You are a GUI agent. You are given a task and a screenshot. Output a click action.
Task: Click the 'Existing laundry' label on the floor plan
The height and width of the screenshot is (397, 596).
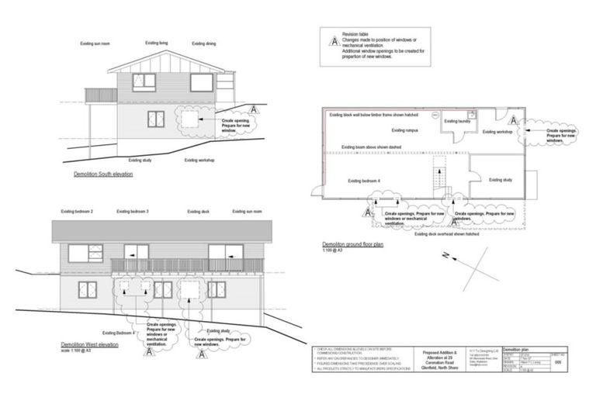point(458,121)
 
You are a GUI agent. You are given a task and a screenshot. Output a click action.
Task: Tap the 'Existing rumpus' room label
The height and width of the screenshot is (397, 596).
point(405,130)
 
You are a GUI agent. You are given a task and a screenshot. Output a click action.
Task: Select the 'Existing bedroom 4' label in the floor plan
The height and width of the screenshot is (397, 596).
point(364,180)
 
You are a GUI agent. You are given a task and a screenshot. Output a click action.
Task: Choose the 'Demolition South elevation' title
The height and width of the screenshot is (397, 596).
point(103,174)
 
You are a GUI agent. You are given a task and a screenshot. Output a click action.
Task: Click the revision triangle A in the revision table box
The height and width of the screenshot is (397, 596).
point(334,42)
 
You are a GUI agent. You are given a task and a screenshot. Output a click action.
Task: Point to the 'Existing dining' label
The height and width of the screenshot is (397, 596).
point(205,44)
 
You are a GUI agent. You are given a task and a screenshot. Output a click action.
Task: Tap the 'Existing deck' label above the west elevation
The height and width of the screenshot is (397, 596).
point(196,211)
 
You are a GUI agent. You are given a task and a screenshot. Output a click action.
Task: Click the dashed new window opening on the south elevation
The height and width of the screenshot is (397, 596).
point(189,119)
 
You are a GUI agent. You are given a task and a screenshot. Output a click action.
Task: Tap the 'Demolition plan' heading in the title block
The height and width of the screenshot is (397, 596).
point(517,350)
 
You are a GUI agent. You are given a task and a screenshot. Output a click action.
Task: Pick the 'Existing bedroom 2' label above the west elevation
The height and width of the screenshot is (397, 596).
point(77,211)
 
